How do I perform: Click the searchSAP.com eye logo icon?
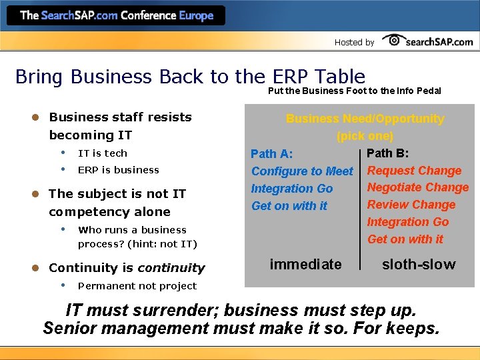(394, 40)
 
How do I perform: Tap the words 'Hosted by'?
(354, 42)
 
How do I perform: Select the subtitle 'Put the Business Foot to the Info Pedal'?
(354, 91)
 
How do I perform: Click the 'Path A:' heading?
(271, 154)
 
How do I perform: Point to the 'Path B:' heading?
(388, 153)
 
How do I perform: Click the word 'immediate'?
(305, 265)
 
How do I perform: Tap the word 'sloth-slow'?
(419, 265)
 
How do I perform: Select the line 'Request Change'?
(414, 171)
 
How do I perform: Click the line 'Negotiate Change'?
(418, 187)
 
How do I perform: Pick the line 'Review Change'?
(411, 205)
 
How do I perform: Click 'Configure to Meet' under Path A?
(302, 171)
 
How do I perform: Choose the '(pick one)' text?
(365, 136)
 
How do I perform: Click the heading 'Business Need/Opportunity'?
(365, 119)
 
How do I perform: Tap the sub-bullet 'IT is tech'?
(103, 153)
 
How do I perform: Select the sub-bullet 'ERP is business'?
(119, 169)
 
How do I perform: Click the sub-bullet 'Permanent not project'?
(137, 286)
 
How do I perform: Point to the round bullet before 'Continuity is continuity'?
(37, 268)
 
